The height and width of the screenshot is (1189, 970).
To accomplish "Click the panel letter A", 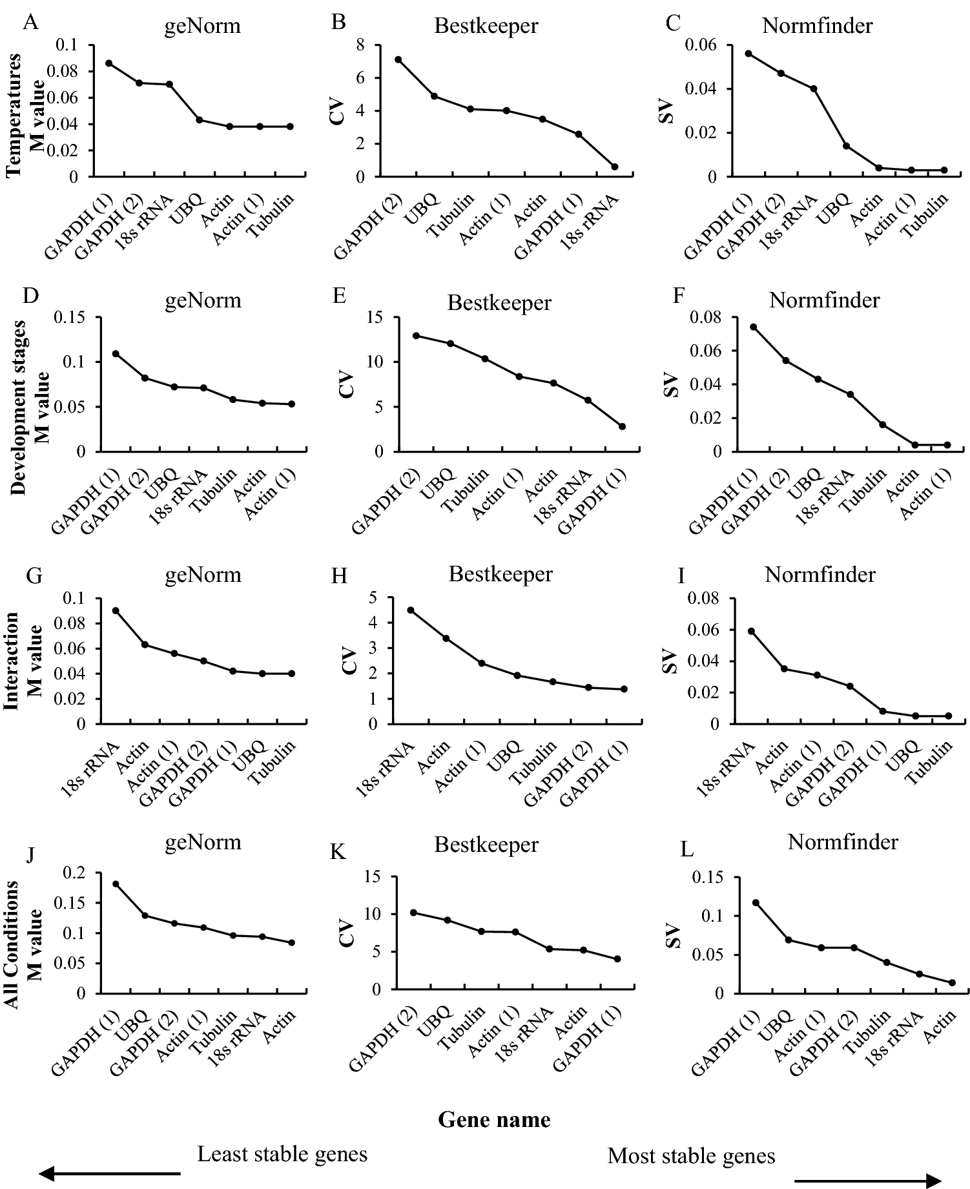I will point(29,23).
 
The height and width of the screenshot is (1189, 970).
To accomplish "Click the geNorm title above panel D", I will point(203,300).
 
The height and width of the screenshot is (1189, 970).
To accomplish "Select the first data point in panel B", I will point(398,59).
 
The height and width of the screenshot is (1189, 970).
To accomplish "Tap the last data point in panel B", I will point(614,167).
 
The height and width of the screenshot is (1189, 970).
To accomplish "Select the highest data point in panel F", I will point(753,327).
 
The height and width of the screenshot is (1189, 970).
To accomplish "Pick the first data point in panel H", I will point(410,610).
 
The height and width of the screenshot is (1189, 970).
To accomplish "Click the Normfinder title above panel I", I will point(820,574).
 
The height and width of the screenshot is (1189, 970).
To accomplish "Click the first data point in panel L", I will point(756,902).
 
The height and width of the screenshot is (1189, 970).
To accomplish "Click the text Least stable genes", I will point(282,1153).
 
